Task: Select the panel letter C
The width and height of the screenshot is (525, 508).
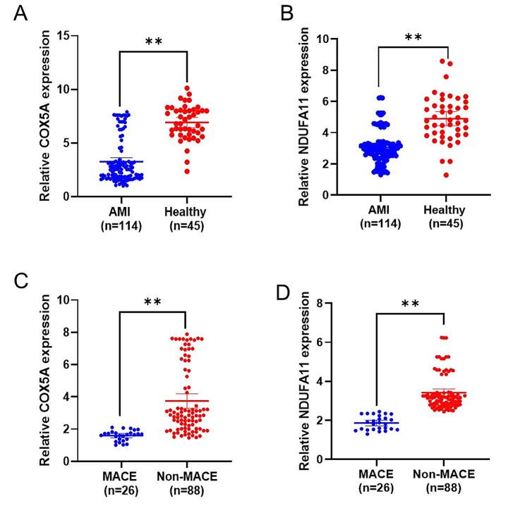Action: (x=22, y=280)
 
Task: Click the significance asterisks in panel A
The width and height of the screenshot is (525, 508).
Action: (x=153, y=42)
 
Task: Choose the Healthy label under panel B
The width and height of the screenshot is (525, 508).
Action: (x=445, y=210)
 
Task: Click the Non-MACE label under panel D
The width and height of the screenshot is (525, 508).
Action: (x=443, y=476)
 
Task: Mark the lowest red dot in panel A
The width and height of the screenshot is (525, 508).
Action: (x=185, y=171)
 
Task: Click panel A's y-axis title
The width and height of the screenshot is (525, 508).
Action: (x=44, y=116)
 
